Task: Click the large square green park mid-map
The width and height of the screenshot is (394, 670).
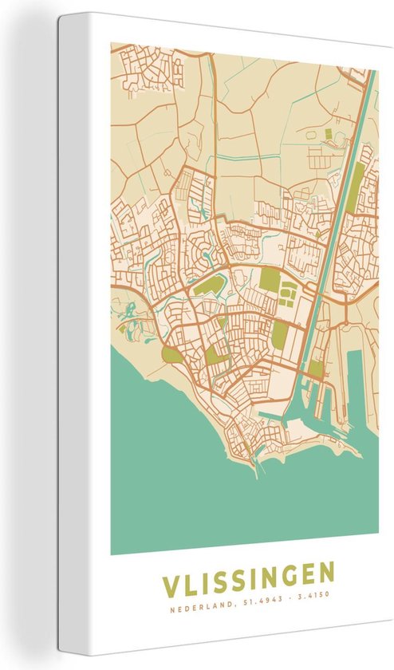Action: point(270,280)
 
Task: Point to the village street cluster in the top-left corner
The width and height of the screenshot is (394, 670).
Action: point(148,68)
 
